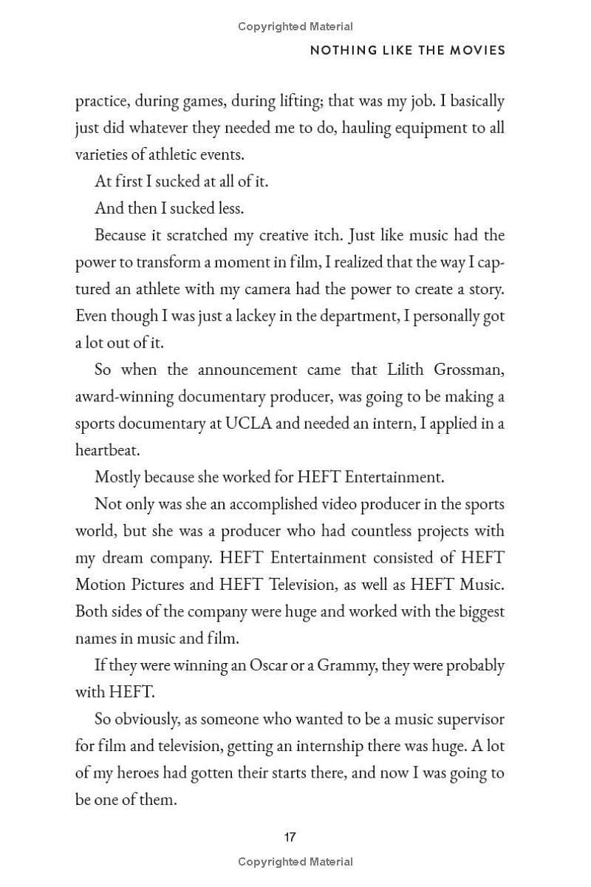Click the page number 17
[x=290, y=837]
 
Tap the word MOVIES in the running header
[x=479, y=50]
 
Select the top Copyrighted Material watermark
[x=295, y=27]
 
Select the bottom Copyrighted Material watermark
[x=295, y=862]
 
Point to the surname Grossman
[x=469, y=369]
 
